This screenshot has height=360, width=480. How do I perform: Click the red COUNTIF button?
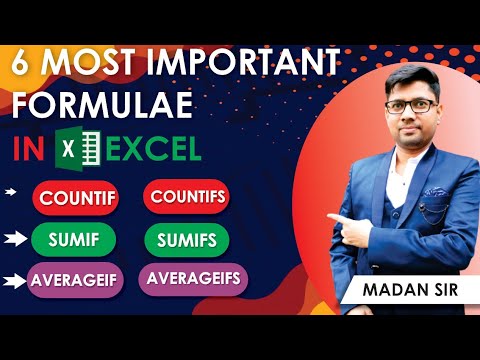(77, 197)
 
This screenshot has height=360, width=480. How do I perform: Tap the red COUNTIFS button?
(187, 195)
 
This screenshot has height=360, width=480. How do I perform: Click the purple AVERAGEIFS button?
(193, 279)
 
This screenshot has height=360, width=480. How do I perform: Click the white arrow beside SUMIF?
(16, 240)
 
